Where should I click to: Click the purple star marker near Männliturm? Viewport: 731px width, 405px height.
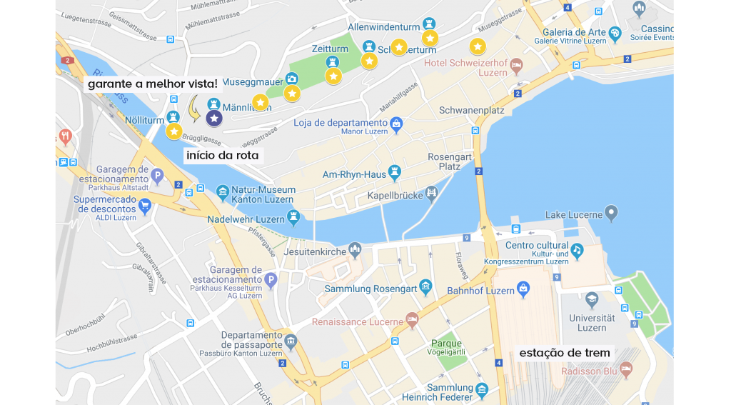pos(214,118)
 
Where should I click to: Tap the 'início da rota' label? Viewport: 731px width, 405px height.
pos(223,155)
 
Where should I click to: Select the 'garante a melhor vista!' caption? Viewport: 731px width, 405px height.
pos(153,84)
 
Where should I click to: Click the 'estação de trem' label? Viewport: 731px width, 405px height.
pos(565,353)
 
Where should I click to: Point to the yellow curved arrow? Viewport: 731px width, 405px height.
pos(193,108)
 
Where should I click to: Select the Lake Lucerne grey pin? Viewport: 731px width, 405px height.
pos(610,212)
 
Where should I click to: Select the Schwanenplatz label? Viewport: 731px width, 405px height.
pos(471,111)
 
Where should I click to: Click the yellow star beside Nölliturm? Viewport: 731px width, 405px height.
pos(174,131)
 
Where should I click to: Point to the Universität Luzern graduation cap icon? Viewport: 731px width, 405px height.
pos(592,299)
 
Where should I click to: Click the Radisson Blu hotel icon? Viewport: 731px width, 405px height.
pos(626,369)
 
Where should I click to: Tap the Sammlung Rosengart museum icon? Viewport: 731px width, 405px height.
pos(426,287)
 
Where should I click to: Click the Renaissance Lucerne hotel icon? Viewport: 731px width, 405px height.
pos(411,318)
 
